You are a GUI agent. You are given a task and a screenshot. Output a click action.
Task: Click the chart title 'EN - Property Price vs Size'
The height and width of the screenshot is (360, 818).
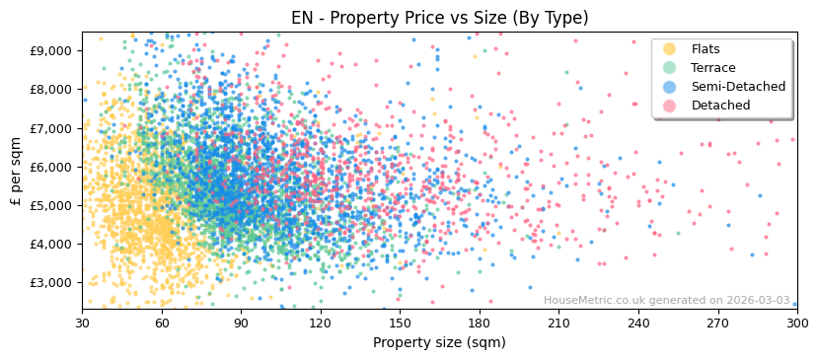coord(439,18)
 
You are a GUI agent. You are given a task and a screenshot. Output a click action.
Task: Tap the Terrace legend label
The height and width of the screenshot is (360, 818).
coord(713,68)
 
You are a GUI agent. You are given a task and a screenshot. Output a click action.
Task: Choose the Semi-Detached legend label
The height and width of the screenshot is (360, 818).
coord(738,87)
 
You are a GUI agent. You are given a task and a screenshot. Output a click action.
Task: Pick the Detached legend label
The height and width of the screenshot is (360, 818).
coord(720,106)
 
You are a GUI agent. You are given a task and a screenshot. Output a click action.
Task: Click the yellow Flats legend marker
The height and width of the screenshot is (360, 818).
coord(669,49)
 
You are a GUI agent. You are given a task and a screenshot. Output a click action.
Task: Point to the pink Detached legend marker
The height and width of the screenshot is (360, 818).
coord(669,106)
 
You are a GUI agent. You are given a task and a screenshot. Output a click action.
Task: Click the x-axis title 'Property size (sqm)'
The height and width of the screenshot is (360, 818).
coord(439,343)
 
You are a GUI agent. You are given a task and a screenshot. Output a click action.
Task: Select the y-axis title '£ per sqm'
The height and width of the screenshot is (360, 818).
coord(16,171)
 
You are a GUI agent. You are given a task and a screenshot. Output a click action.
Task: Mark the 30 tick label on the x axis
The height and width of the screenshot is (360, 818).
coord(82,323)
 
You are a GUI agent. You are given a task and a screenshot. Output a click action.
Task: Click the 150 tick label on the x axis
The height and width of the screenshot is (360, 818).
coord(400,323)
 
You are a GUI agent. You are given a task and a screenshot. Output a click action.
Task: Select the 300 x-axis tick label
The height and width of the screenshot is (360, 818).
coord(797,323)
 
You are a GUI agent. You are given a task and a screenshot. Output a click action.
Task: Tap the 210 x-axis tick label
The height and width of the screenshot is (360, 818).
coord(558,323)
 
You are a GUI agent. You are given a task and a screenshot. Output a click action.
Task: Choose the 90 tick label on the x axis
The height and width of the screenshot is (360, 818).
coord(241,323)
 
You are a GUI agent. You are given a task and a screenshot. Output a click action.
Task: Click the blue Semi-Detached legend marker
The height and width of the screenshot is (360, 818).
coord(669,87)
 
